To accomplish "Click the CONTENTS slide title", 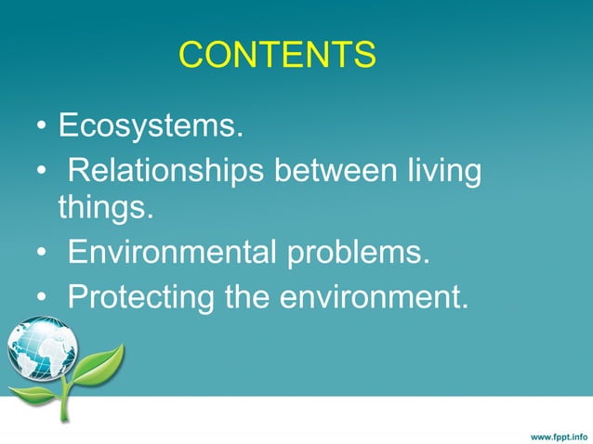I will pos(277,56).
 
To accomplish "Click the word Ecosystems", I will pos(151,125).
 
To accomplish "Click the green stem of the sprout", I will pos(65,401).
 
